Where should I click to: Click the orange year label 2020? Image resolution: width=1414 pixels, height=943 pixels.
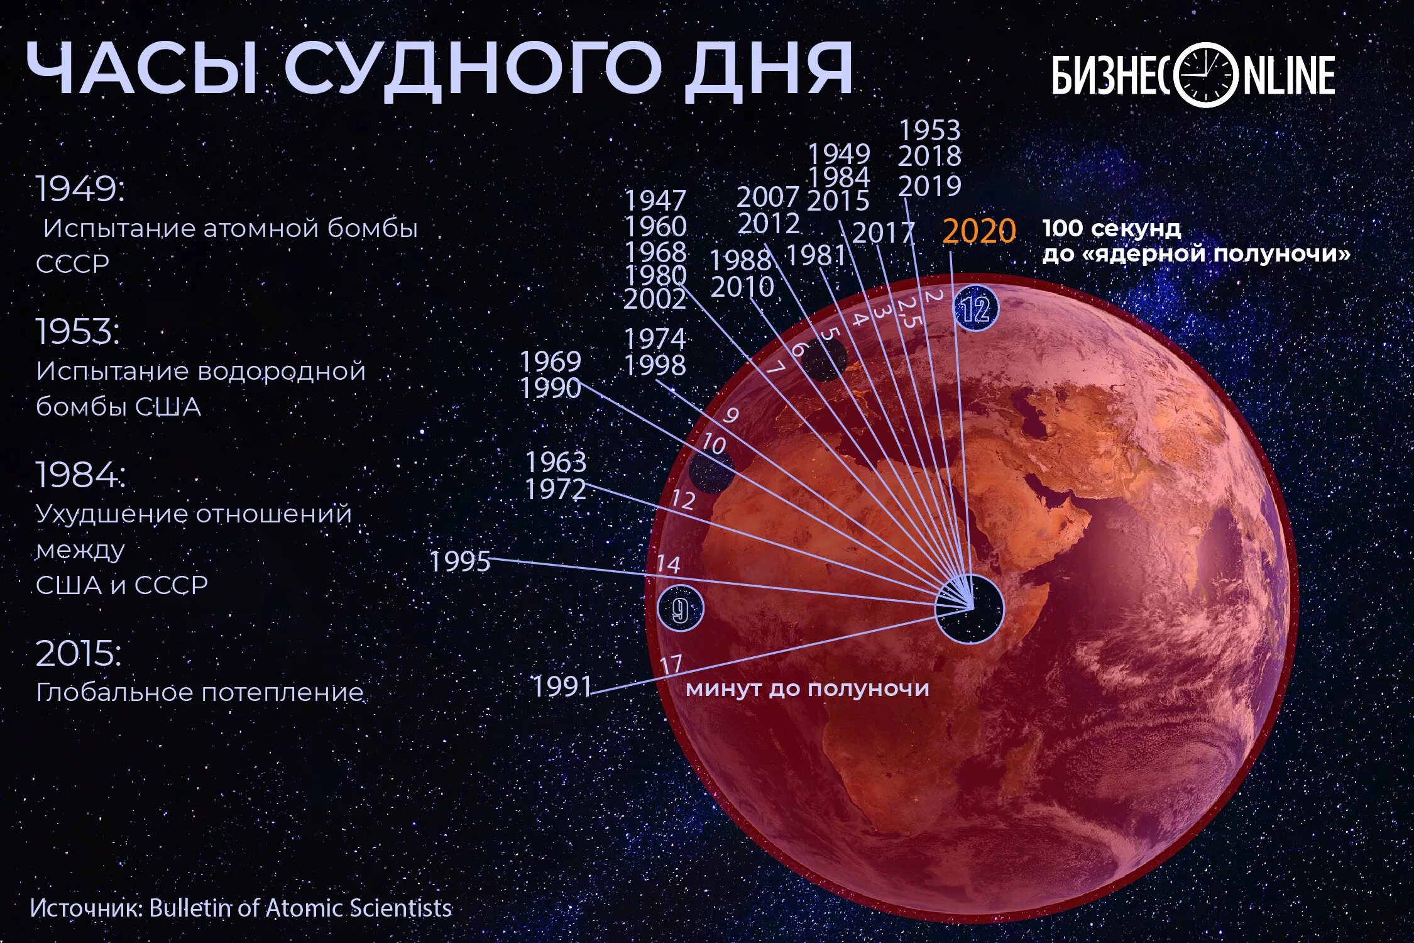tap(978, 231)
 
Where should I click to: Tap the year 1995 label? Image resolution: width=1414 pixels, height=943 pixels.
tap(459, 561)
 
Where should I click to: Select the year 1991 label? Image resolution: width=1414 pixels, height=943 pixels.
tap(562, 686)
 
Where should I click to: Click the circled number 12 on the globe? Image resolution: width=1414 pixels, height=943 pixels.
tap(975, 309)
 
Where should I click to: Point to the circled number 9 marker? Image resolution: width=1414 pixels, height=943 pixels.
tap(680, 609)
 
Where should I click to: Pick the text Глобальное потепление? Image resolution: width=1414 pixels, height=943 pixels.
tap(200, 693)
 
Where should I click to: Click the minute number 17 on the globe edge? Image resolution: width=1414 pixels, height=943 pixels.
tap(671, 664)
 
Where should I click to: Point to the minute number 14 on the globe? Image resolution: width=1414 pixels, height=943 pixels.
tap(668, 564)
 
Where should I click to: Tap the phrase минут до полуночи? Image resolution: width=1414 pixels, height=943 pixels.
tap(807, 688)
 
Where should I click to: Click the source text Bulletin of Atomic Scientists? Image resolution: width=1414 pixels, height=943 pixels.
tap(300, 908)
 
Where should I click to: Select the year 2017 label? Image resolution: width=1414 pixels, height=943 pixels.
tap(883, 233)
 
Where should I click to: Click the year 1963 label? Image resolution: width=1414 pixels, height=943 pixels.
tap(556, 463)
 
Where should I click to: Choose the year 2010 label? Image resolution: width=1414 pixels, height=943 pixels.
tap(742, 287)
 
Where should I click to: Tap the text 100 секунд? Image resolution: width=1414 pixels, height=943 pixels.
tap(1111, 228)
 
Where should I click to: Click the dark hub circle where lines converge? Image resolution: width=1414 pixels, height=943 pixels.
tap(970, 609)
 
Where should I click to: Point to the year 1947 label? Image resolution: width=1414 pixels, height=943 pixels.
tap(655, 201)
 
